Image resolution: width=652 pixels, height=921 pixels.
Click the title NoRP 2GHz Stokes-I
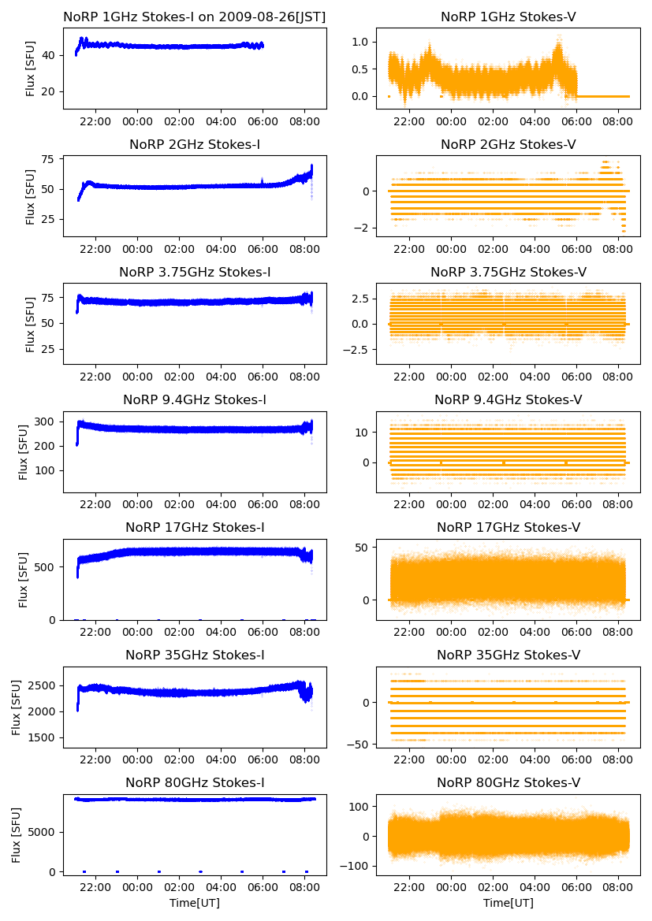[195, 144]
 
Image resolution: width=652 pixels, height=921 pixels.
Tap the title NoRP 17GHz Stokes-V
[509, 527]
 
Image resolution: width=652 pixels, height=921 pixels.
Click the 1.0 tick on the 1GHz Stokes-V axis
[363, 42]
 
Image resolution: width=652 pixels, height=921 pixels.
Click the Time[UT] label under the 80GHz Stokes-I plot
[195, 903]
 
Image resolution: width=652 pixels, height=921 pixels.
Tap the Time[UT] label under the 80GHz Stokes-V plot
[509, 903]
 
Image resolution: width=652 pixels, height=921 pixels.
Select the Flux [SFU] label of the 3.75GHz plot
[31, 323]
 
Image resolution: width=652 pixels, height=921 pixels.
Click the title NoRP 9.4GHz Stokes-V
[509, 399]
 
